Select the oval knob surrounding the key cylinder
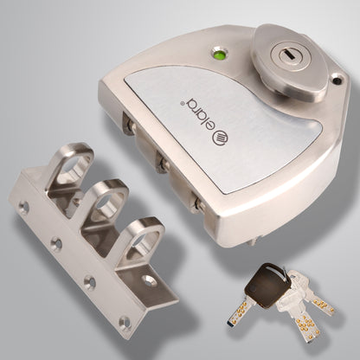pos(281,64)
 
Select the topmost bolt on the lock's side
pos(127,125)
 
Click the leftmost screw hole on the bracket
pos(22,207)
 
